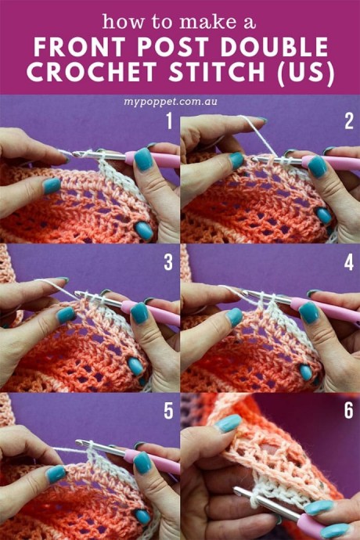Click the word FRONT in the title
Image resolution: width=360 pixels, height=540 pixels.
point(80,47)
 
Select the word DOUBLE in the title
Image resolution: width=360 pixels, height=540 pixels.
point(274,47)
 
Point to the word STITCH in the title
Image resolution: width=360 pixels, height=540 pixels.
point(217,72)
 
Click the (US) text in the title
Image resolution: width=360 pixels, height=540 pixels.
point(306,73)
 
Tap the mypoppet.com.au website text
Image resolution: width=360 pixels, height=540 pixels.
point(171,103)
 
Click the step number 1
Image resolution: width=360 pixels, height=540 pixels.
point(169,121)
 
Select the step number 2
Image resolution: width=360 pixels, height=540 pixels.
point(348,121)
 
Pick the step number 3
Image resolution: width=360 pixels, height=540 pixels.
point(168,262)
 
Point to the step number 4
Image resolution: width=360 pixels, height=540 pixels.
point(348,262)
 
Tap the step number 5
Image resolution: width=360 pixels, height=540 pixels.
point(168,411)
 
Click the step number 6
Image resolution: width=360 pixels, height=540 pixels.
point(348,411)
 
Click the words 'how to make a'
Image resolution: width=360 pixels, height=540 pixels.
point(179,22)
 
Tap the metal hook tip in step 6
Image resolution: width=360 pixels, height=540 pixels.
point(236,489)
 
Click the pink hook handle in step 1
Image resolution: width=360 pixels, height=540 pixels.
point(152,160)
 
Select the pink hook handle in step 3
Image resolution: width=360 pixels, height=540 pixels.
point(152,312)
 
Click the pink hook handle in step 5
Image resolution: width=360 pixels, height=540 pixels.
point(152,461)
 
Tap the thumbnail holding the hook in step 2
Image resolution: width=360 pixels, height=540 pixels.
point(317,167)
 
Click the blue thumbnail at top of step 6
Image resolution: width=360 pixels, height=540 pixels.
point(228,423)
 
